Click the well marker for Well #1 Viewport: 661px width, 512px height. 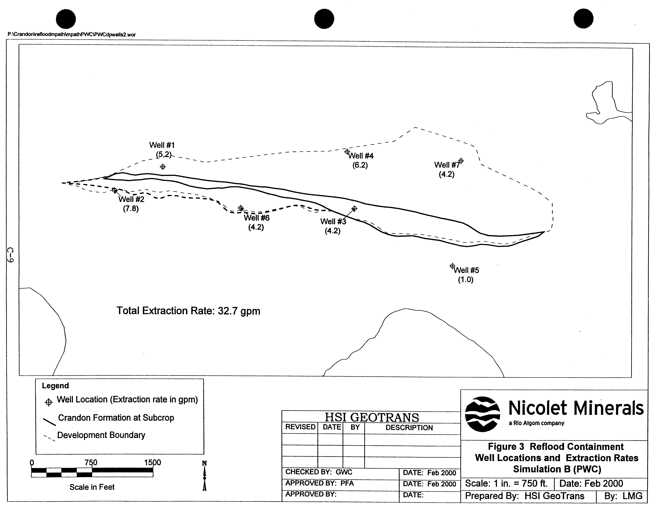(163, 167)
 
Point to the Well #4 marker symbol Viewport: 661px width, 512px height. (347, 152)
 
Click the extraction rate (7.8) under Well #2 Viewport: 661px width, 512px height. (131, 209)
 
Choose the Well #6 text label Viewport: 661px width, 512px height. (257, 218)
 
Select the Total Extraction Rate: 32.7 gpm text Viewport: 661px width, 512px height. (188, 311)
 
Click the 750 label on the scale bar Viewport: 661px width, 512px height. (91, 462)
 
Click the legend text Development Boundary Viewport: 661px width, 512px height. (101, 435)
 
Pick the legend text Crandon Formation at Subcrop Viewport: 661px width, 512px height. (116, 418)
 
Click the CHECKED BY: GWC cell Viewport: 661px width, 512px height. (319, 472)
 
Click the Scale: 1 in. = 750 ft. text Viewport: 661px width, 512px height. (506, 484)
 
